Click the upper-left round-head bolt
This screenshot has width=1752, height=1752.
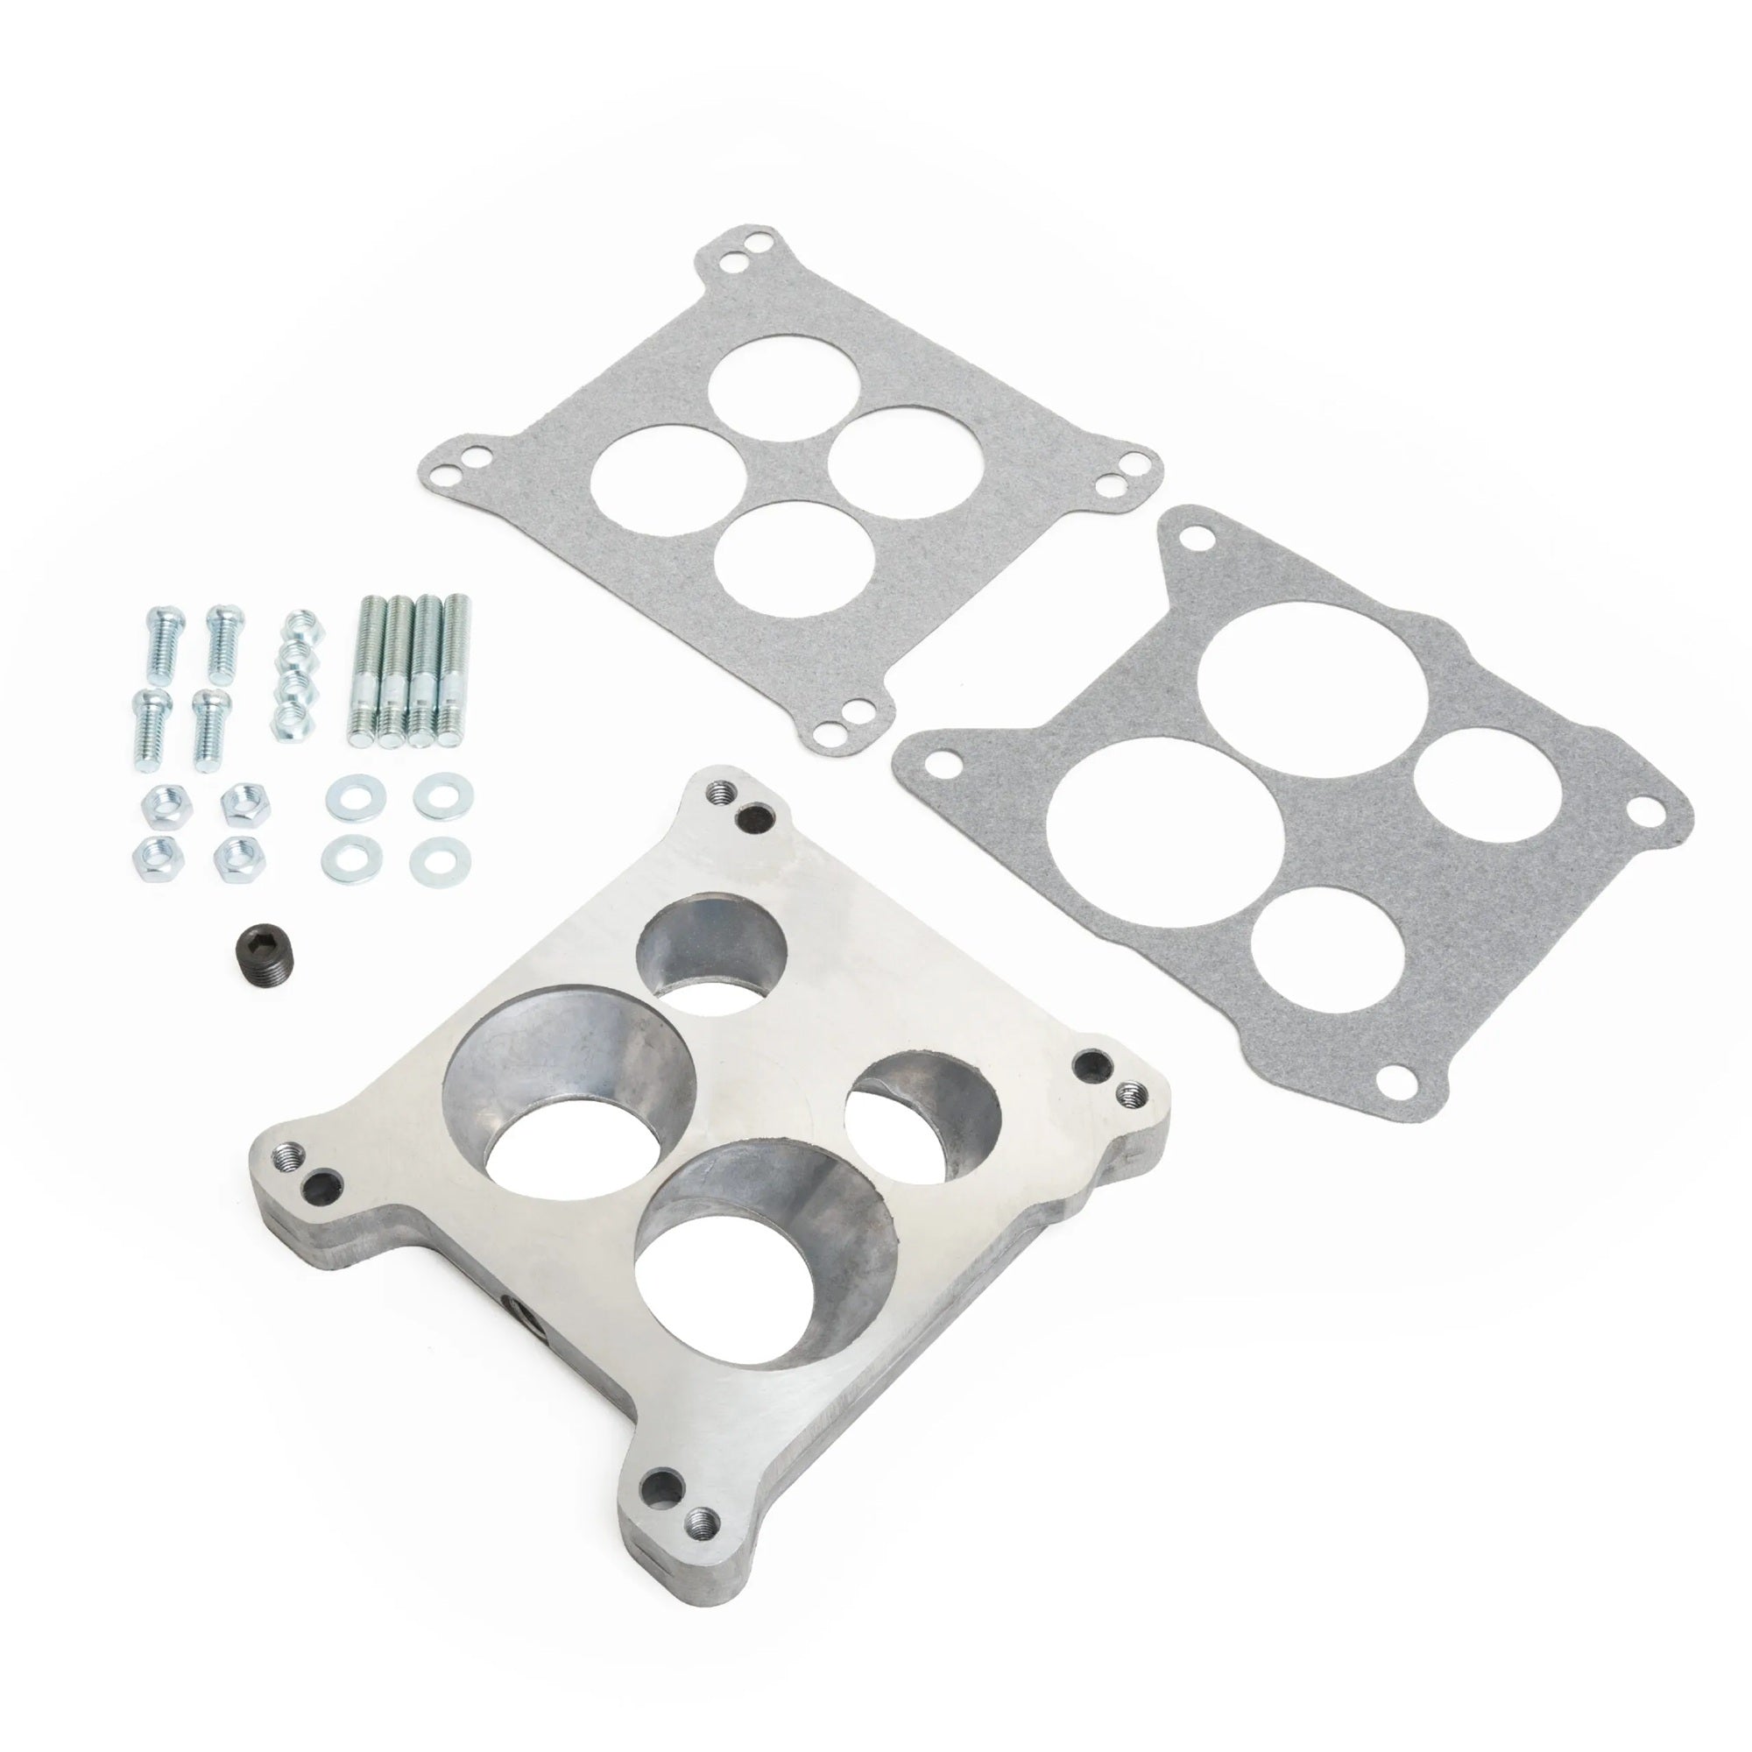pos(164,641)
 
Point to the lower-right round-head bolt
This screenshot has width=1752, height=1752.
pos(212,725)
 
